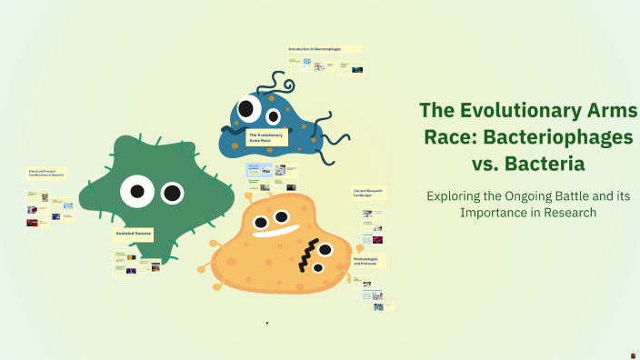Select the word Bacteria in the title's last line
(x=547, y=165)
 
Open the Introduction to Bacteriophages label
(x=324, y=49)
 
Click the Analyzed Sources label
(x=133, y=234)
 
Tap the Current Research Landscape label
(x=368, y=193)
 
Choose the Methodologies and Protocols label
(x=368, y=261)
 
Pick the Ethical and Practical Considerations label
(x=46, y=173)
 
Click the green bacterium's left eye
(x=137, y=190)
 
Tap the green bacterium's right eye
(x=173, y=193)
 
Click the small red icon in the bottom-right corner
(x=633, y=354)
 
